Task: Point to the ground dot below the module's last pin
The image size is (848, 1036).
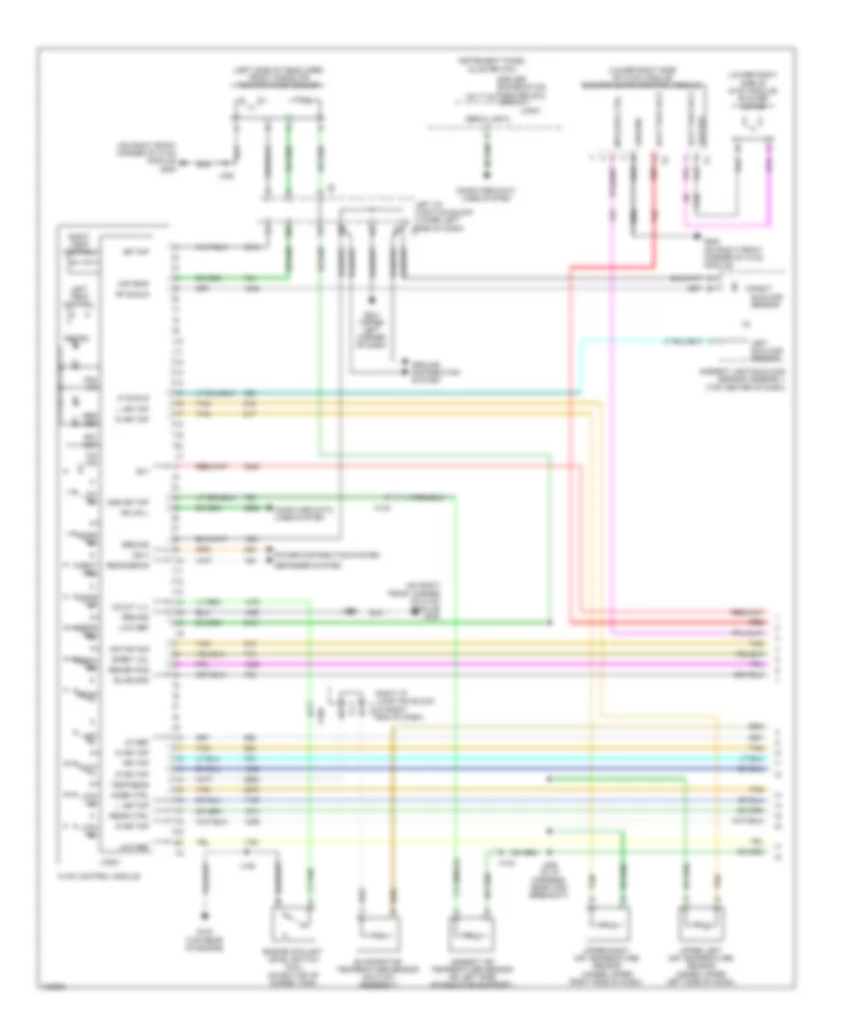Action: point(205,912)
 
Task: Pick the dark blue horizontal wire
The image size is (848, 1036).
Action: point(471,769)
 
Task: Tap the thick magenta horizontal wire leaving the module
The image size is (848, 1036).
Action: point(471,665)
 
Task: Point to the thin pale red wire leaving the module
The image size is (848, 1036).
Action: point(377,464)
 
